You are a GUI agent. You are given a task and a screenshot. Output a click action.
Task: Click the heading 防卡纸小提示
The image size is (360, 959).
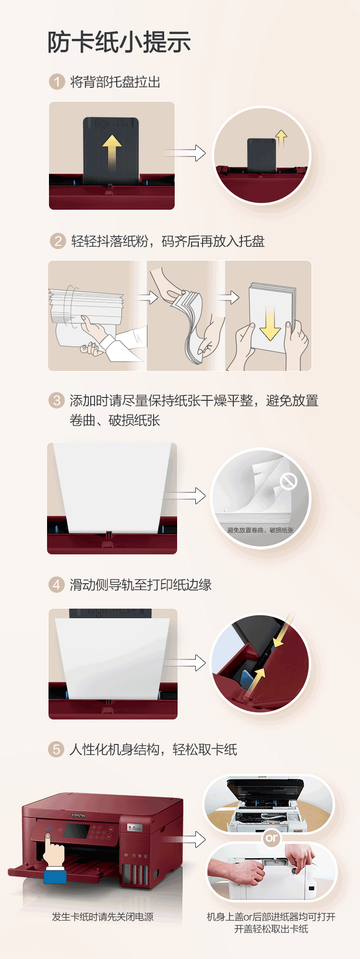tap(119, 42)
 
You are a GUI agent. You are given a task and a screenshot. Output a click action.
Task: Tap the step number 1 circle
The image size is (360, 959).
tap(57, 82)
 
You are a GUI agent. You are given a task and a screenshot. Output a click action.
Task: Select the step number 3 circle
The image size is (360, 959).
tap(57, 400)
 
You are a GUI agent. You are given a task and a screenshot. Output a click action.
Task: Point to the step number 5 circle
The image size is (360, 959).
tap(56, 749)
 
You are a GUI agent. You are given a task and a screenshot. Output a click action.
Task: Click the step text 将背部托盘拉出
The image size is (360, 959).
tap(115, 82)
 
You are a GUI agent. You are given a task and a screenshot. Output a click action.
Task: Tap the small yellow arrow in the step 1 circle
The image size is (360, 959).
tap(281, 138)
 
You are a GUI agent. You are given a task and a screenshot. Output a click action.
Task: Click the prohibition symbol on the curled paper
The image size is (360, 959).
tap(288, 481)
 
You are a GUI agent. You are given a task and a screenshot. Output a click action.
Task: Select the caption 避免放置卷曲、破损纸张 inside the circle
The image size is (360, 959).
tap(260, 530)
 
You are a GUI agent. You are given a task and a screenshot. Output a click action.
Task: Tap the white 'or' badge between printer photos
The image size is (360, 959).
tap(271, 838)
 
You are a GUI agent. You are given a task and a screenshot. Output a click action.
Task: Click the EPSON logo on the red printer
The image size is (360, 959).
tap(78, 815)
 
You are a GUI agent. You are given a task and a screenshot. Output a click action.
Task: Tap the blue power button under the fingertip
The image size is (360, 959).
tap(48, 829)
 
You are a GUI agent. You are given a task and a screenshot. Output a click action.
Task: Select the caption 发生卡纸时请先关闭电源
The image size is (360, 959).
tap(103, 917)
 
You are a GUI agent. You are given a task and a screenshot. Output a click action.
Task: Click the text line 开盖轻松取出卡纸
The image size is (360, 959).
tap(271, 929)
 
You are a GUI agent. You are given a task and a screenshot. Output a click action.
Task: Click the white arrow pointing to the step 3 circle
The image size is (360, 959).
tap(185, 496)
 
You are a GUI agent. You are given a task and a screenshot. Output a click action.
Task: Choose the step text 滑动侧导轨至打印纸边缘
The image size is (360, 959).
tap(141, 585)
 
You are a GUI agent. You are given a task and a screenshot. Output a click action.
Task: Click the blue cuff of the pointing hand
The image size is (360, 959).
tap(55, 876)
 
